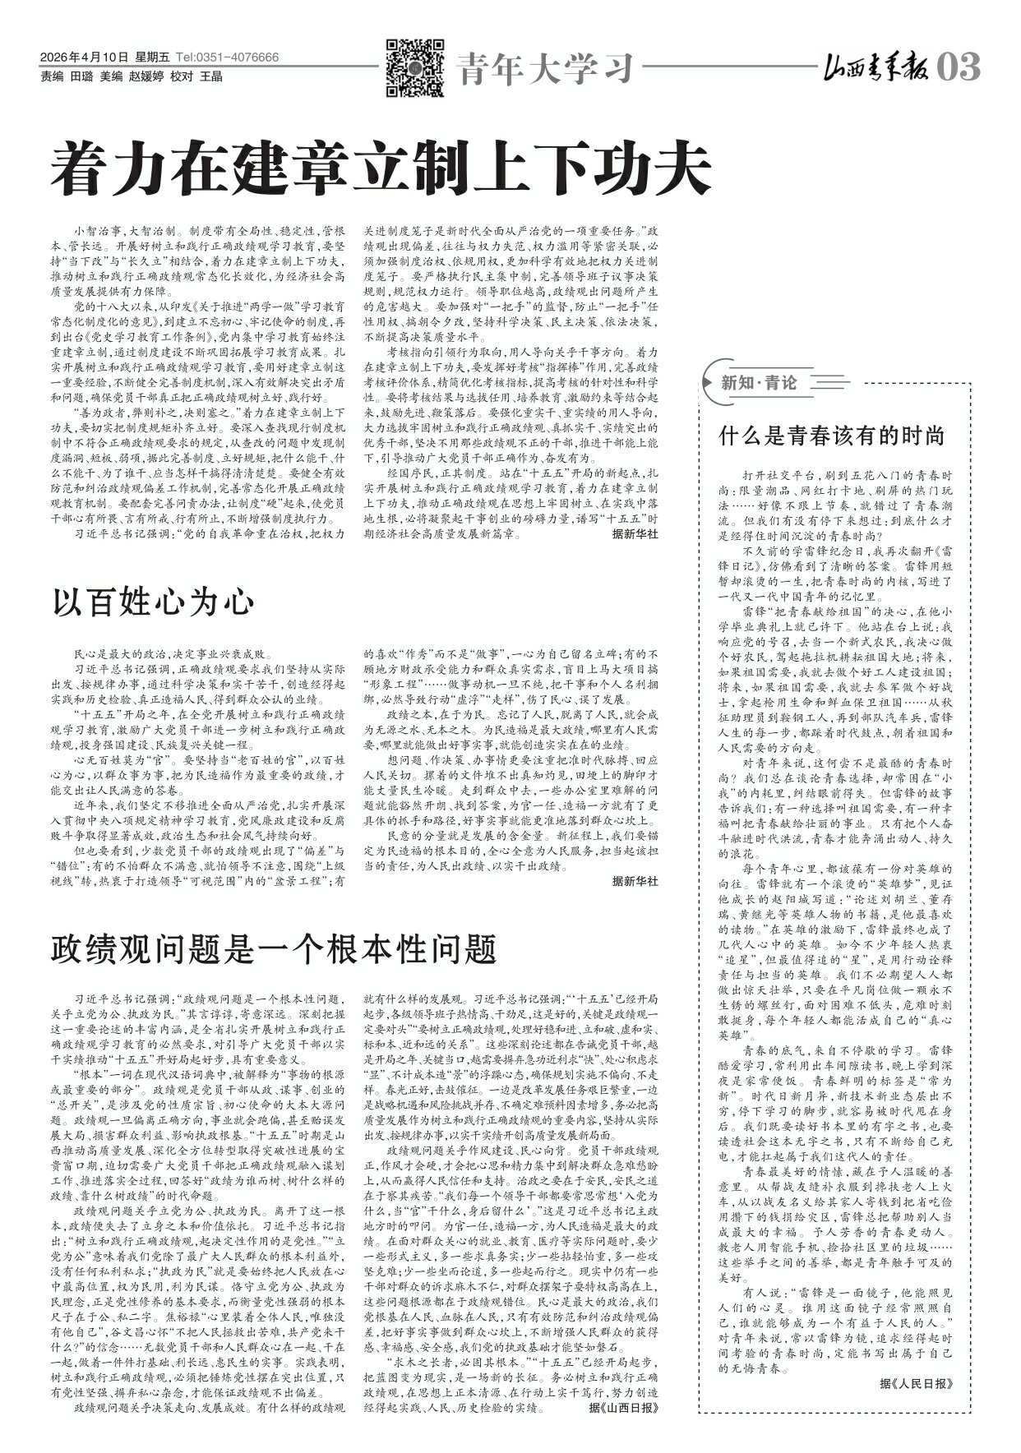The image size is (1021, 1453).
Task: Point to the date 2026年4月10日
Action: pyautogui.click(x=85, y=58)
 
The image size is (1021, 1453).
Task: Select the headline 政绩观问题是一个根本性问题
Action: pyautogui.click(x=274, y=949)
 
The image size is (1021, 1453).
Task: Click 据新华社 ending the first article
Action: pyautogui.click(x=635, y=533)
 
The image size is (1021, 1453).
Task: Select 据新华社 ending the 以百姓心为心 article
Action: pyautogui.click(x=635, y=881)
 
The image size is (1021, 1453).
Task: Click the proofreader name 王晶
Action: pyautogui.click(x=212, y=76)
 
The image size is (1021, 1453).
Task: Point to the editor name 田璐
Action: pyautogui.click(x=82, y=76)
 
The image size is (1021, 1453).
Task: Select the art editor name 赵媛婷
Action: pyautogui.click(x=146, y=76)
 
